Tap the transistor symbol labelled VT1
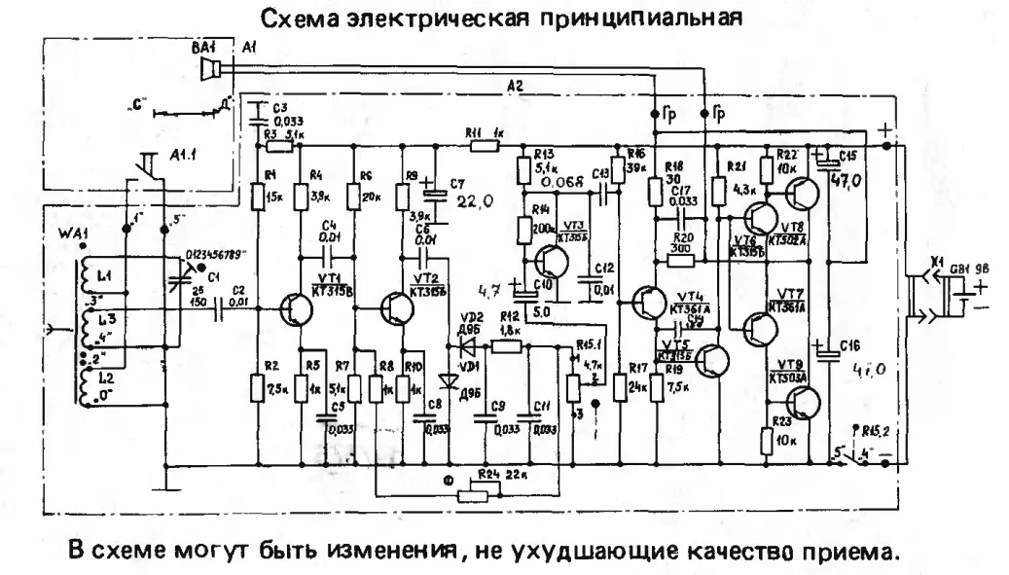(x=293, y=309)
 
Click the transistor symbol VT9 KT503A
(x=804, y=400)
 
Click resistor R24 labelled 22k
(x=477, y=493)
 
